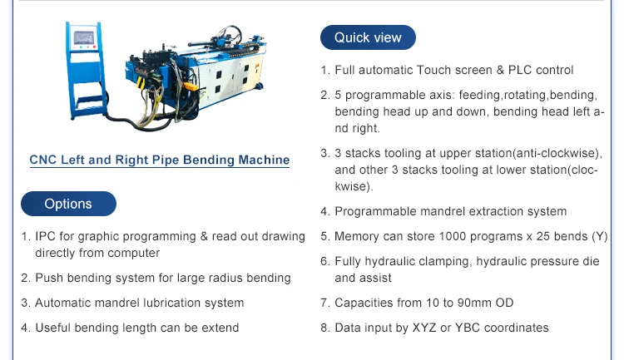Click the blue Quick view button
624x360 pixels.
tap(368, 37)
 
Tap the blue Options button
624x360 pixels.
tap(68, 204)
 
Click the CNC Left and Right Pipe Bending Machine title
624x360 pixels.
tap(160, 160)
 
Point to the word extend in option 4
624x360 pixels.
tap(220, 328)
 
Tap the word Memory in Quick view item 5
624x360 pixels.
tap(359, 236)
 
